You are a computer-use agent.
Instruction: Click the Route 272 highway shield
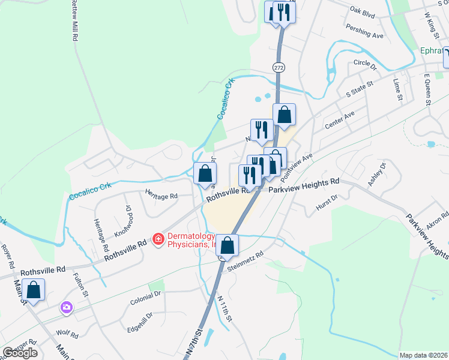[278, 68]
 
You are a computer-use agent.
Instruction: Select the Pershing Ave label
[364, 31]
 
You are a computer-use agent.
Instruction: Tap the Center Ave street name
[339, 120]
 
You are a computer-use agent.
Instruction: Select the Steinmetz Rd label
[243, 262]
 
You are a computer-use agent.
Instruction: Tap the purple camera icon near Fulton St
[66, 308]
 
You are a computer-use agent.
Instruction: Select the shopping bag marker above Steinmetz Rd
[228, 245]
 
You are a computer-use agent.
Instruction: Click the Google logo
[20, 353]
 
